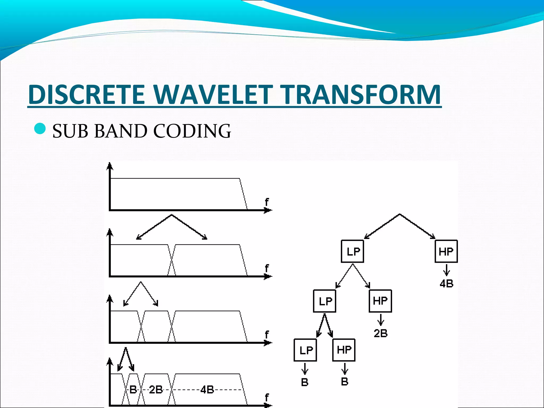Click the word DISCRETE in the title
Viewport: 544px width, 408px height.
click(x=86, y=95)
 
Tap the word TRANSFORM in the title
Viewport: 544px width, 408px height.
click(x=360, y=95)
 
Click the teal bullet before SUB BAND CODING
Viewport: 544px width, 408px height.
click(x=40, y=129)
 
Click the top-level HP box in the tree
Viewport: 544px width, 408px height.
click(x=446, y=251)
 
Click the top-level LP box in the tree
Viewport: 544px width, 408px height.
click(x=352, y=251)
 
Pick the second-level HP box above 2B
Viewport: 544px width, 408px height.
click(x=380, y=301)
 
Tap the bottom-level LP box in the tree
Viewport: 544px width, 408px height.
click(x=305, y=350)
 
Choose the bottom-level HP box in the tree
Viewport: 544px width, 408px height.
click(x=344, y=350)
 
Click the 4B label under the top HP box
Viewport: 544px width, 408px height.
click(x=447, y=284)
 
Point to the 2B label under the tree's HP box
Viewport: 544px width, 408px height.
click(x=381, y=333)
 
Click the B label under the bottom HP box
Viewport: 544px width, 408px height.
click(x=345, y=382)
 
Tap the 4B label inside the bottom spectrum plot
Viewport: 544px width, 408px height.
click(x=207, y=390)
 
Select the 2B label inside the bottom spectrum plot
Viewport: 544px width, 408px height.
click(x=156, y=390)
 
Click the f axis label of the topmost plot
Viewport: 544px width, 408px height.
click(x=267, y=202)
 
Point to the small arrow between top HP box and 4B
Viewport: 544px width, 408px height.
click(x=447, y=270)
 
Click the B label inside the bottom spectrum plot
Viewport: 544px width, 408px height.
click(x=133, y=390)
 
